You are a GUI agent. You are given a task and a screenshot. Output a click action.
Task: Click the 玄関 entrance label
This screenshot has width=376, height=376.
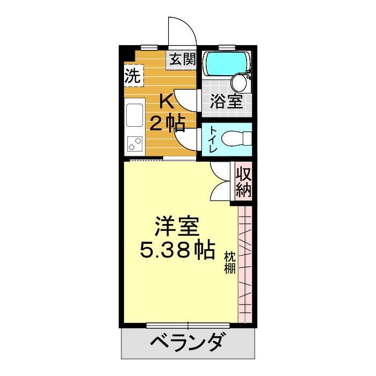tap(183, 59)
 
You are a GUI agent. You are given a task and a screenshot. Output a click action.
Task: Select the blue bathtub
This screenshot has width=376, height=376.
tap(226, 64)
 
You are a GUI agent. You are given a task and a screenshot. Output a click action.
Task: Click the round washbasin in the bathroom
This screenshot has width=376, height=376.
tap(238, 83)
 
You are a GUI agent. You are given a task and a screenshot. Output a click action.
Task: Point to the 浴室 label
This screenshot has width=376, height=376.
tap(227, 102)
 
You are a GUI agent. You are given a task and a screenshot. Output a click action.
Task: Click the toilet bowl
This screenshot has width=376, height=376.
tap(234, 138)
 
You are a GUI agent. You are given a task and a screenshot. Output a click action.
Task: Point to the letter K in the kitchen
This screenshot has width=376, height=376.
tap(167, 101)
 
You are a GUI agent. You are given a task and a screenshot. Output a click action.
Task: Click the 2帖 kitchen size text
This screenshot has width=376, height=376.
tap(167, 124)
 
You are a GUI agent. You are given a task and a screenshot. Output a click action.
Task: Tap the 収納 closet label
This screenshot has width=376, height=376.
tap(243, 183)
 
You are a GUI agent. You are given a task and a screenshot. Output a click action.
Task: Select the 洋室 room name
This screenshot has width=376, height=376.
tap(177, 226)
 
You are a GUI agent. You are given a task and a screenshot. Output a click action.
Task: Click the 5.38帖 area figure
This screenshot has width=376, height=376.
tap(177, 249)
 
